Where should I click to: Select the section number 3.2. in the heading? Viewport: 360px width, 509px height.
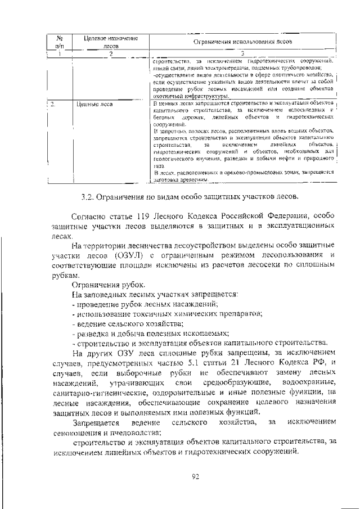pos(88,196)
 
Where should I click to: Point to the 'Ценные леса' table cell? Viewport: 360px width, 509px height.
pos(94,104)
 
